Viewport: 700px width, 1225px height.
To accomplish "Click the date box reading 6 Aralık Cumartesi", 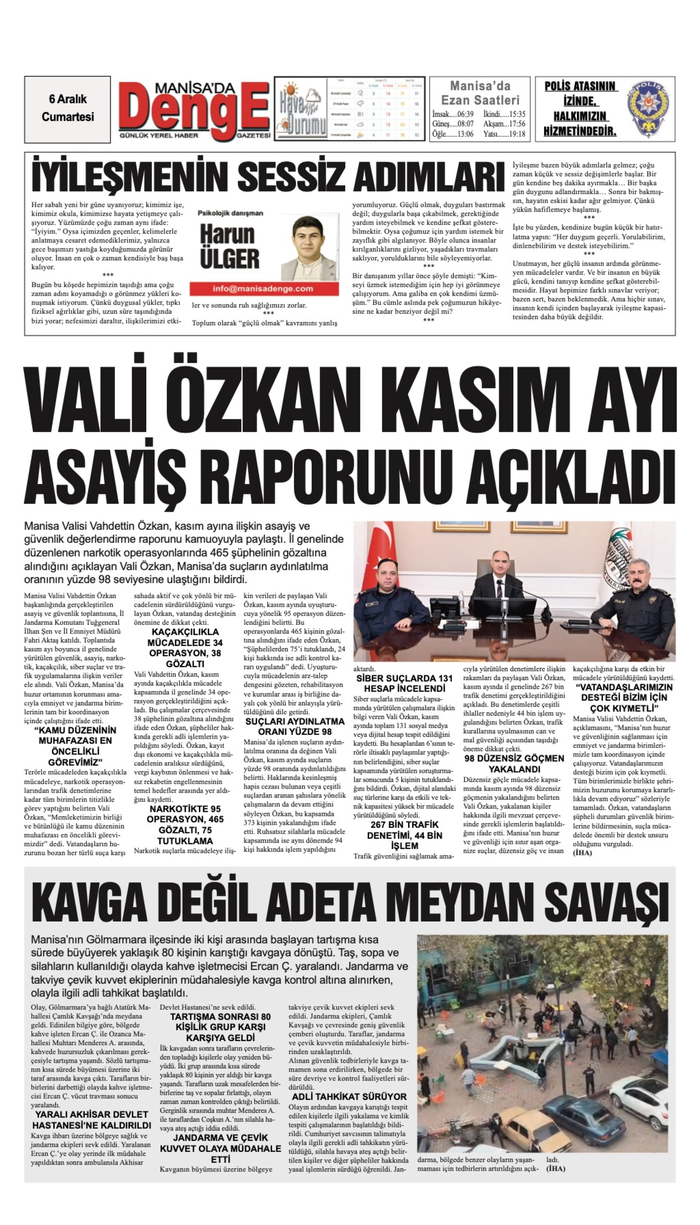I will pos(67,109).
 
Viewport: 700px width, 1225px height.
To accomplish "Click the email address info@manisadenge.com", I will pos(262,289).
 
